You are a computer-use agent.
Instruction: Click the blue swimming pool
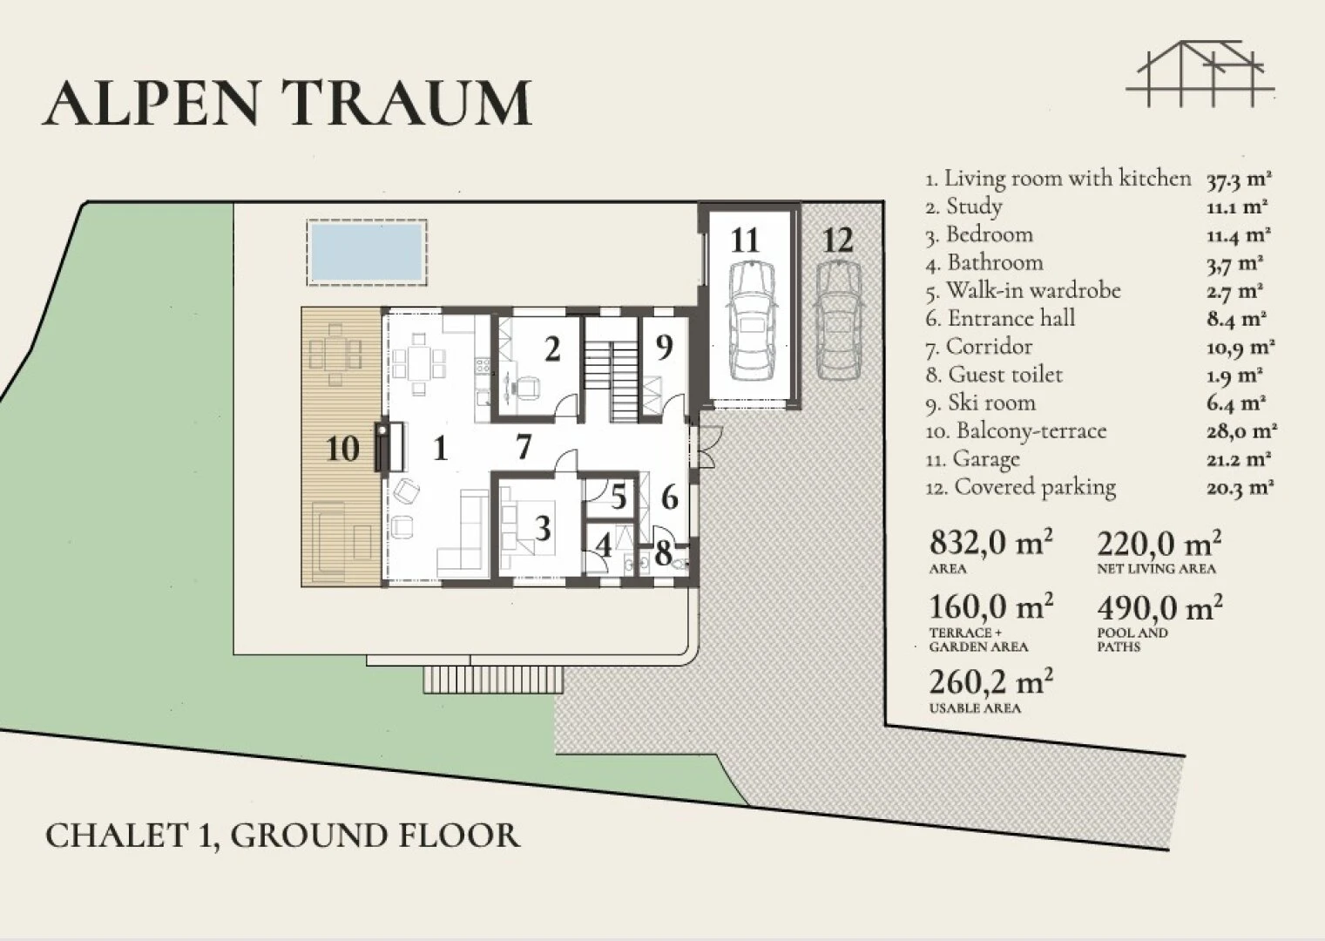pyautogui.click(x=367, y=252)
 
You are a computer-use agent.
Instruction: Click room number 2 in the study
pyautogui.click(x=552, y=349)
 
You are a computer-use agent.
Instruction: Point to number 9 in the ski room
pyautogui.click(x=665, y=347)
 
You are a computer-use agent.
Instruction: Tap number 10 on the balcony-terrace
pyautogui.click(x=342, y=449)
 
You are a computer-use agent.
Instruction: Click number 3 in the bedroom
pyautogui.click(x=543, y=528)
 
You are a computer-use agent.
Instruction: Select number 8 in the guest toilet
pyautogui.click(x=663, y=554)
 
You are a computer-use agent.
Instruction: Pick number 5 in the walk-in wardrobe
pyautogui.click(x=619, y=497)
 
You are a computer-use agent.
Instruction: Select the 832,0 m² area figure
pyautogui.click(x=990, y=542)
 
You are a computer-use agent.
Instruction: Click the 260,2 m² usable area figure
pyautogui.click(x=990, y=682)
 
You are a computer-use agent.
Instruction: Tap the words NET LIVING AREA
pyautogui.click(x=1156, y=569)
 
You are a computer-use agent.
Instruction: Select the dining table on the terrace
pyautogui.click(x=336, y=354)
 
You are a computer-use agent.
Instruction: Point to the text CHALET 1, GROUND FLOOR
pyautogui.click(x=283, y=836)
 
